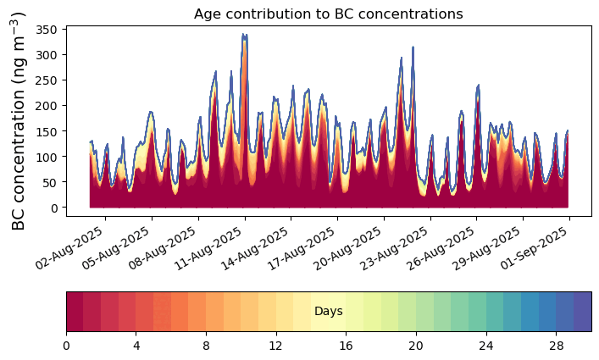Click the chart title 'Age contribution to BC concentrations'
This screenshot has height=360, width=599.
tap(328, 14)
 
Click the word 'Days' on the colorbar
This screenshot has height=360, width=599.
tap(328, 312)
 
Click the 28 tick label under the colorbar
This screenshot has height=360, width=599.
tap(556, 346)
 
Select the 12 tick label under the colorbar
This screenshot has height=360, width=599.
tap(276, 346)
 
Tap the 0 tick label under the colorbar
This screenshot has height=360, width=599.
tap(66, 346)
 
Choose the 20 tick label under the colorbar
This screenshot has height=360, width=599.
tap(416, 346)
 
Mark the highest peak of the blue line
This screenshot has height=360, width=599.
tap(244, 35)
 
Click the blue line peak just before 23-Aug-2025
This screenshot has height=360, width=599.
tap(413, 47)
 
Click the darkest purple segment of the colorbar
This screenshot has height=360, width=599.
tap(582, 312)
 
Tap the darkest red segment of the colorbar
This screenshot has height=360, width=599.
tap(75, 312)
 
